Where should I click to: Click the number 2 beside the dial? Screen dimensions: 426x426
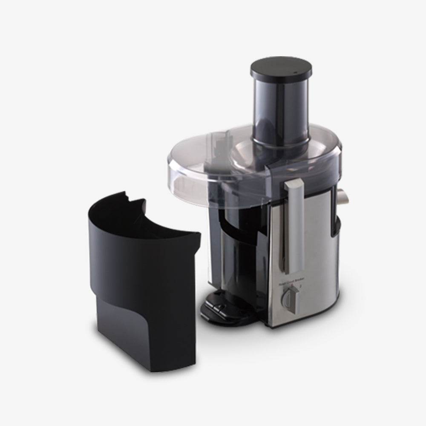pyautogui.click(x=301, y=286)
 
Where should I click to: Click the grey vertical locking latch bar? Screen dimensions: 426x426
pyautogui.click(x=294, y=226)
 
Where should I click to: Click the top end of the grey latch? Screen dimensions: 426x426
pyautogui.click(x=294, y=184)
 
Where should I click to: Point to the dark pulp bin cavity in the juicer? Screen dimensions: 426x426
pyautogui.click(x=239, y=256)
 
